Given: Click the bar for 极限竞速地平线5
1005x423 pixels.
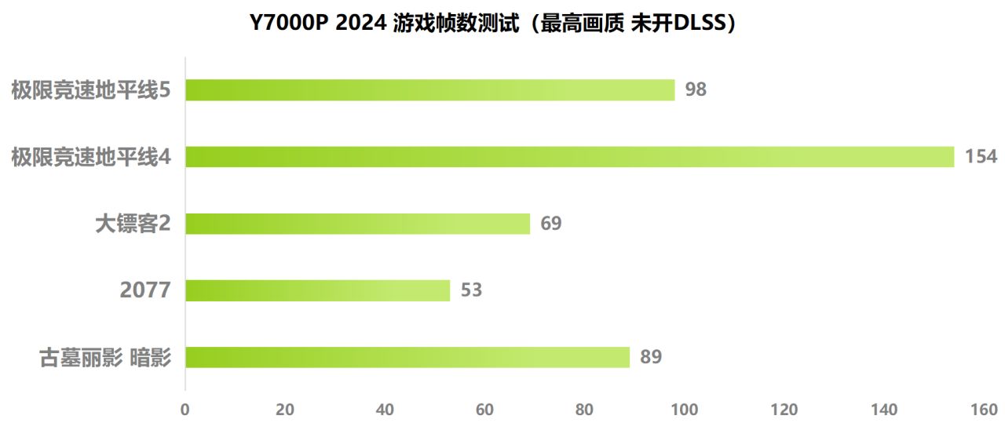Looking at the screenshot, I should (429, 90).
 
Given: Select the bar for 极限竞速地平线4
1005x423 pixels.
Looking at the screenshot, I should (569, 157).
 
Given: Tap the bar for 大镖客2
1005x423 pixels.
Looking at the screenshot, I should (357, 224).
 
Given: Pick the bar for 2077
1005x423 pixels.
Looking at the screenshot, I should (317, 290).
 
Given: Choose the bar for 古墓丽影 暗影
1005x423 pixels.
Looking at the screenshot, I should (407, 357).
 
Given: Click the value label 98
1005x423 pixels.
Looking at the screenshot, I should (696, 89).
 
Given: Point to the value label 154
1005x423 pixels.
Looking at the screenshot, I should (981, 156).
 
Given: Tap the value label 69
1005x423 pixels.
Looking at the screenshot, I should (551, 224).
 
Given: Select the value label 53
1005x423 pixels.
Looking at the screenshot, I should (471, 290).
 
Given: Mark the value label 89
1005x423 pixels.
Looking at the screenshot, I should (651, 357).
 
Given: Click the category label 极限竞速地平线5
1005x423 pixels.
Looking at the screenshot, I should (91, 90).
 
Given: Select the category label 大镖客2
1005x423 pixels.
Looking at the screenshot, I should (133, 224).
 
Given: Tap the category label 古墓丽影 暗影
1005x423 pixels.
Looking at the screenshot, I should (105, 358).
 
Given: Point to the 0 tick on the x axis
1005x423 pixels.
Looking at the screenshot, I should (185, 410).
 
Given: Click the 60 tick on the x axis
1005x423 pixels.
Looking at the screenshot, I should (485, 410).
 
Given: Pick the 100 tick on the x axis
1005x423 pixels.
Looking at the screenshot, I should (685, 410).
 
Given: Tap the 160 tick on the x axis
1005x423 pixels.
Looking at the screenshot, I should (984, 410).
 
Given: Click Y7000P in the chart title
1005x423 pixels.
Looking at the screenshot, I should (288, 24).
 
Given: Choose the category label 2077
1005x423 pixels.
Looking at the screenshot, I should (145, 290).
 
